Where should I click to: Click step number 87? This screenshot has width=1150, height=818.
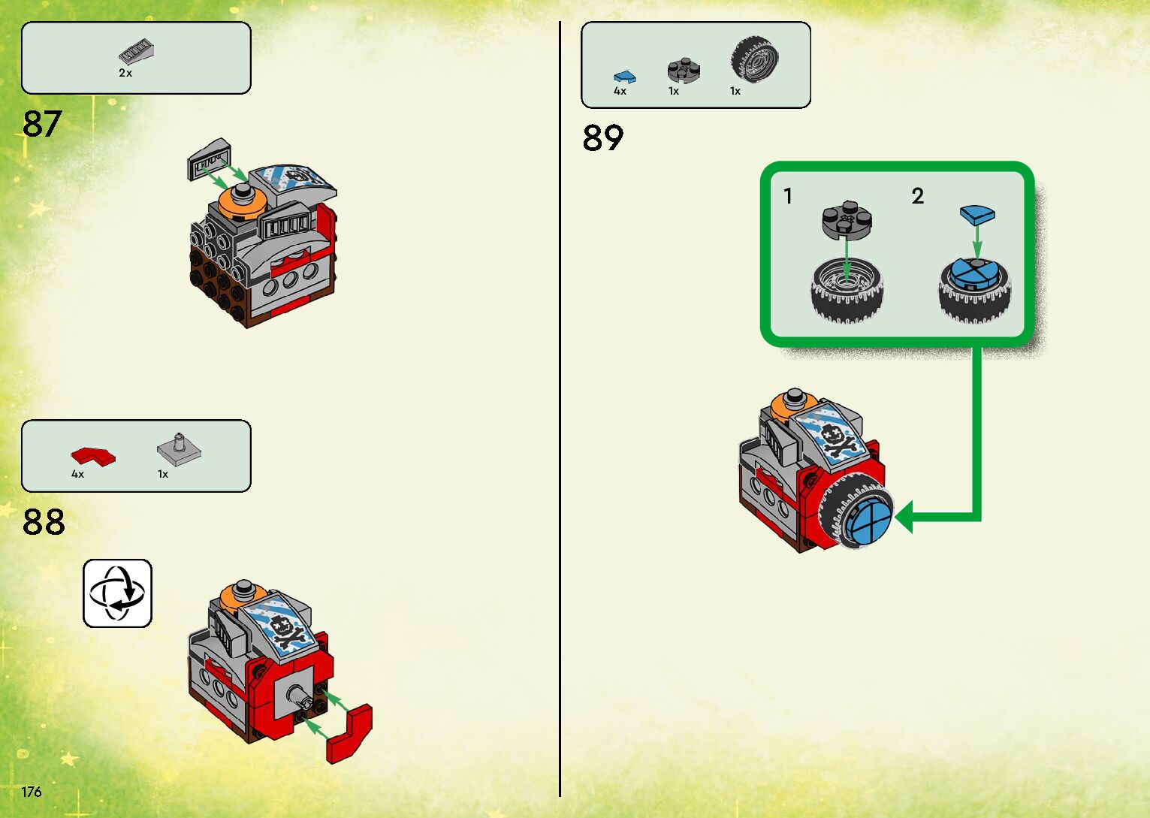(42, 124)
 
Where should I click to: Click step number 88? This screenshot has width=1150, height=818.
(44, 521)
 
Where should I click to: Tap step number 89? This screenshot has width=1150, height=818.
(602, 138)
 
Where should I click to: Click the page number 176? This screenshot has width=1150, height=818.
(32, 792)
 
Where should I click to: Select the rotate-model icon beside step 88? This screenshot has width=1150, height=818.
(117, 593)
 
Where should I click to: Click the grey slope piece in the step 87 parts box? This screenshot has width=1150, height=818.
(137, 52)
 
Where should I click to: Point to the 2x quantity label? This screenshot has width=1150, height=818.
(125, 73)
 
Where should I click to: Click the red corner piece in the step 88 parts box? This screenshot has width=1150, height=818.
(93, 455)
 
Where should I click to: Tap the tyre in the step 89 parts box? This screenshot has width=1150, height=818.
(754, 59)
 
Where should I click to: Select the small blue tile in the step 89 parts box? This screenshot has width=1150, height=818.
(624, 76)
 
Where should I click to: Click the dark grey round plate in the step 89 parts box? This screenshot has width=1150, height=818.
(684, 70)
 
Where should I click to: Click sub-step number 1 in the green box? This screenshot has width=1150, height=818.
(787, 197)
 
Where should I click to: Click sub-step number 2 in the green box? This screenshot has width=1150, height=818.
(917, 197)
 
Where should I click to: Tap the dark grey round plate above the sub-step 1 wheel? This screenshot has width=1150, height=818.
(847, 219)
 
